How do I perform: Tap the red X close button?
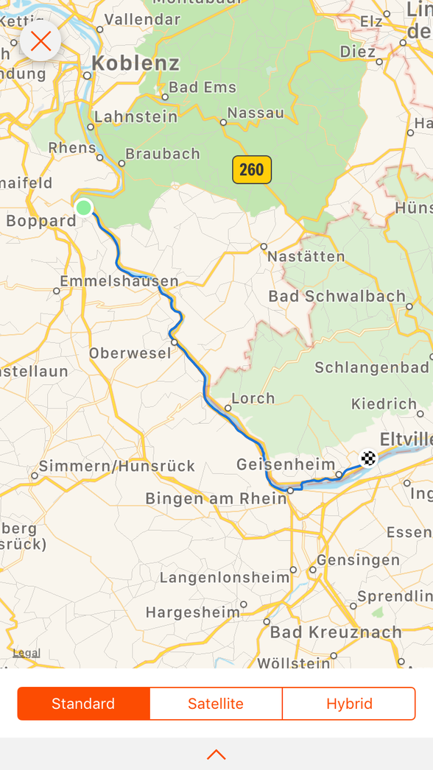pos(41,41)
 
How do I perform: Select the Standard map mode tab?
pos(83,704)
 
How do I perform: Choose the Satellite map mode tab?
pos(216,704)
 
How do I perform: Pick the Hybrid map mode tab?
pos(349,704)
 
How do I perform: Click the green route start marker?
pos(84,208)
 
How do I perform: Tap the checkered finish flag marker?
pos(368,459)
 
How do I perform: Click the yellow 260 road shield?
pos(252,170)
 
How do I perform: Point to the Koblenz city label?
pos(135,63)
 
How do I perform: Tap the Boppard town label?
pos(41,221)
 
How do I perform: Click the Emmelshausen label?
pos(119,281)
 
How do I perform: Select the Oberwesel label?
pos(130,353)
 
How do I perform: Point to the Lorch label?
pos(253,398)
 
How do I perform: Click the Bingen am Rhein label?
pos(216,498)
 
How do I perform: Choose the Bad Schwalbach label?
pos(337,297)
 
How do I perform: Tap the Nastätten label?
pos(306,257)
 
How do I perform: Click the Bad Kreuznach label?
pos(336,632)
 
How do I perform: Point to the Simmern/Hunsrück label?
pos(117,466)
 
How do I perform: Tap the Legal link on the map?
pos(27,653)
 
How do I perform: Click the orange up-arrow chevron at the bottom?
pos(216,755)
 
